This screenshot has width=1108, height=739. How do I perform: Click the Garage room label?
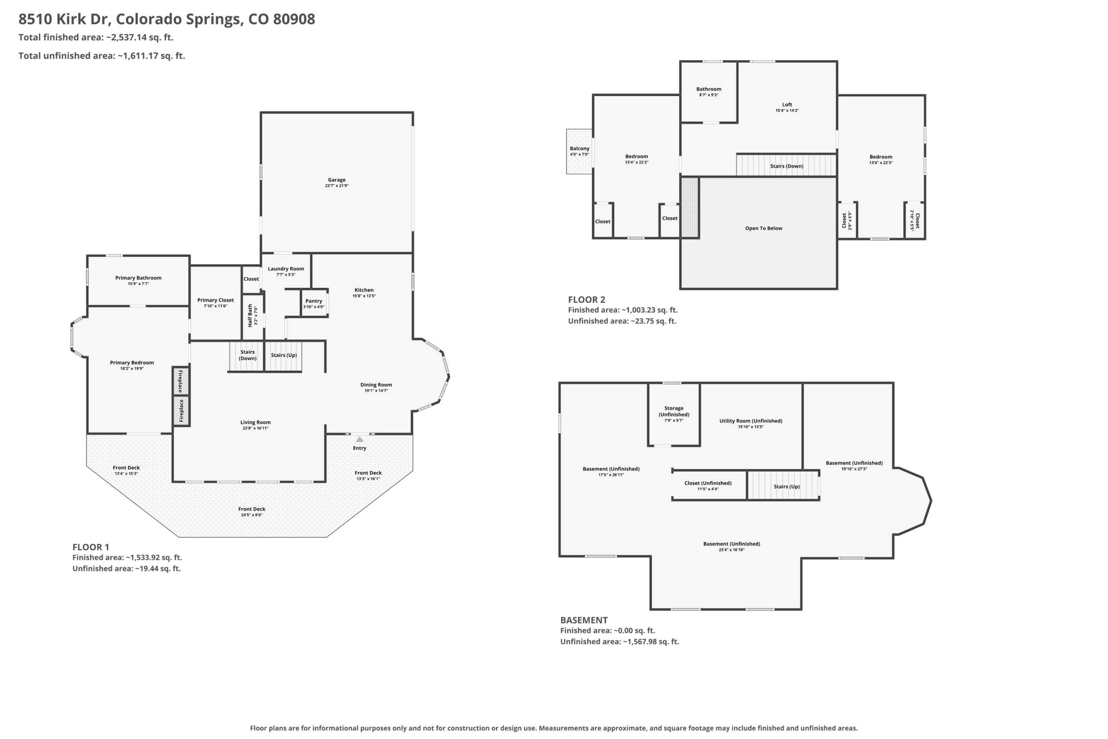pyautogui.click(x=336, y=180)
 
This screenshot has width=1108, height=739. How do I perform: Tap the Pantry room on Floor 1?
pyautogui.click(x=314, y=303)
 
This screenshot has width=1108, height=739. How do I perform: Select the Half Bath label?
pyautogui.click(x=250, y=315)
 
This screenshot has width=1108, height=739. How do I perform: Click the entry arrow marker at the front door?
pyautogui.click(x=359, y=439)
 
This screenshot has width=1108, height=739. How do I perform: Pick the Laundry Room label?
pyautogui.click(x=286, y=269)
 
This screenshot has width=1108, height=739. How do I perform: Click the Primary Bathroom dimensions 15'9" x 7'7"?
pyautogui.click(x=138, y=284)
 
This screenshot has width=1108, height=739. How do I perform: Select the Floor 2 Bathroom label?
pyautogui.click(x=709, y=89)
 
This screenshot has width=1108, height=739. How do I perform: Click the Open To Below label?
pyautogui.click(x=763, y=228)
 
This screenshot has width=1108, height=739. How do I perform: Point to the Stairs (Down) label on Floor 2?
pyautogui.click(x=787, y=166)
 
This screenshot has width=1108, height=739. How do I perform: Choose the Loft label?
pyautogui.click(x=787, y=105)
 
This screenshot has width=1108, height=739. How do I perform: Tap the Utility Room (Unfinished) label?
pyautogui.click(x=750, y=421)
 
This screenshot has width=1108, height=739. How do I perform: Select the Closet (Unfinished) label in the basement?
pyautogui.click(x=708, y=483)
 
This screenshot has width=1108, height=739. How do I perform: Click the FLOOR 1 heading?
pyautogui.click(x=90, y=547)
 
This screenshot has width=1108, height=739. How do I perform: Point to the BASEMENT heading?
pyautogui.click(x=584, y=620)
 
